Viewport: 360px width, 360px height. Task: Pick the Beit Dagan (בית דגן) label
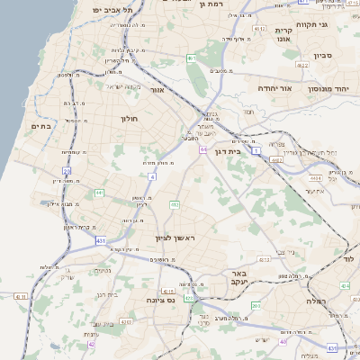[x=229, y=151]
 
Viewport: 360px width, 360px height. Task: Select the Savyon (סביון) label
[x=324, y=56]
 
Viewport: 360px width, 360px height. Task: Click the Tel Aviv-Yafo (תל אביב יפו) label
[x=115, y=10]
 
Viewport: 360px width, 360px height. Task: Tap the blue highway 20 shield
[x=66, y=169]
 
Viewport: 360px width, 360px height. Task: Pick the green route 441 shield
[x=98, y=192]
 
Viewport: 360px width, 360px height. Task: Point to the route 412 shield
[x=175, y=205]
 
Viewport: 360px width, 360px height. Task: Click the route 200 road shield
[x=256, y=306]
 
